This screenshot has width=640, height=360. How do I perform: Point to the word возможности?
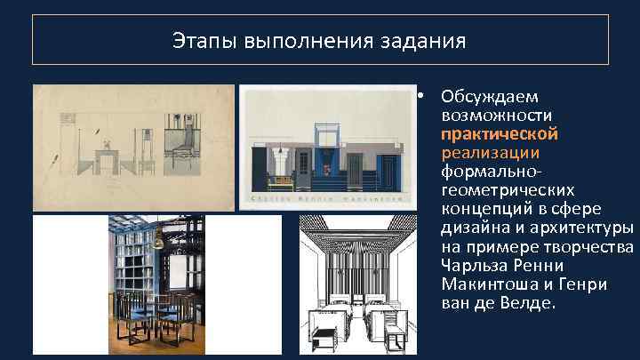(x=497, y=115)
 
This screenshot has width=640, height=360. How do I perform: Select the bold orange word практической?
(x=499, y=133)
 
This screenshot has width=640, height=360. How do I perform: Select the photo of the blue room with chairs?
(x=156, y=285)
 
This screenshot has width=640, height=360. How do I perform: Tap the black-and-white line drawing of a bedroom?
(x=353, y=285)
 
